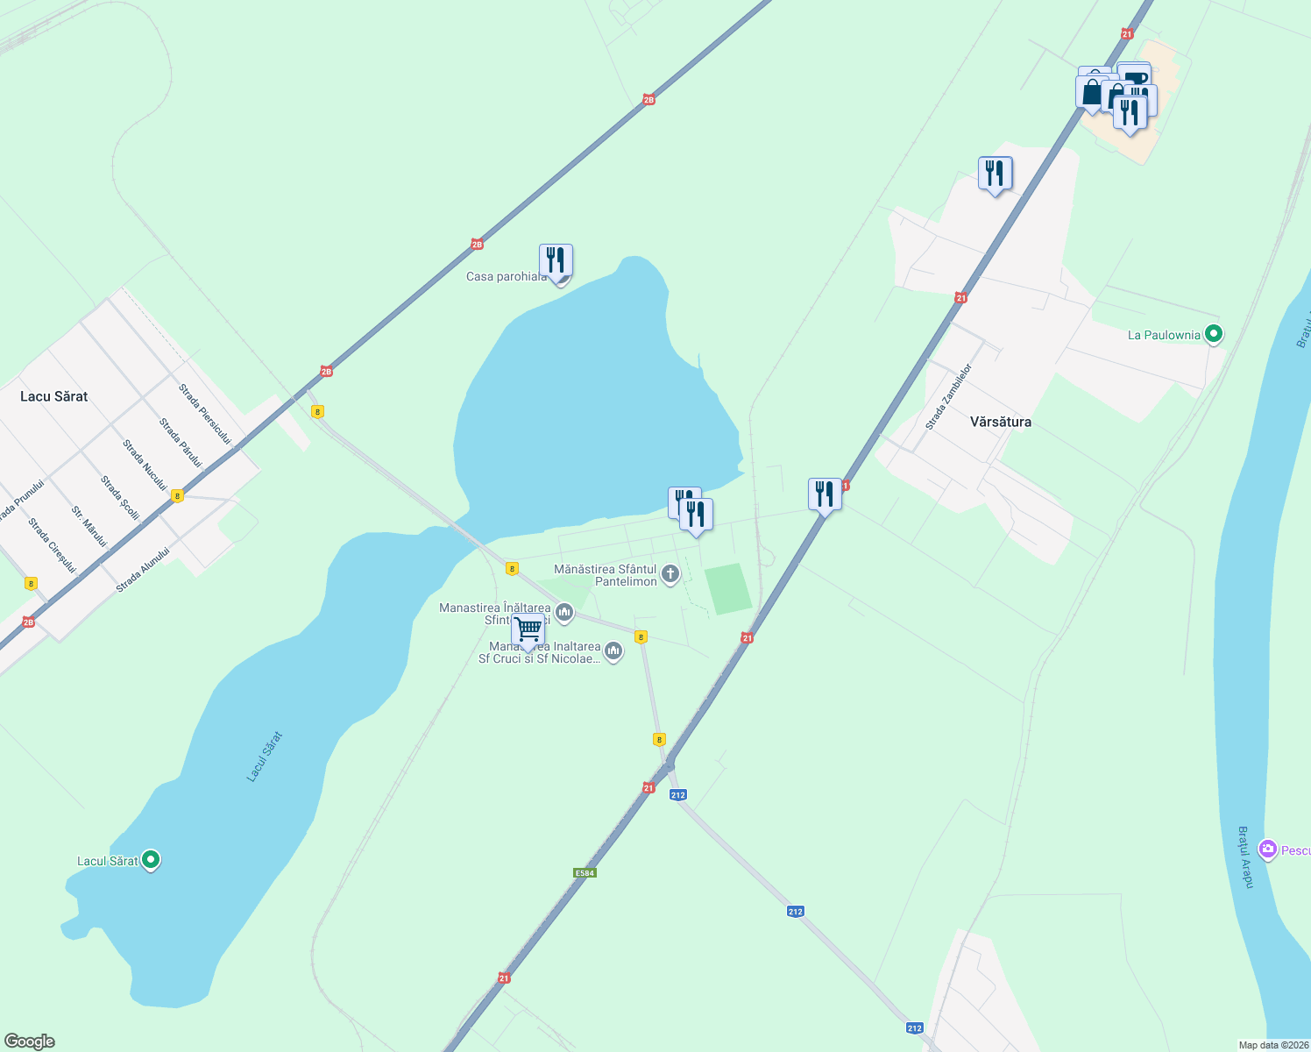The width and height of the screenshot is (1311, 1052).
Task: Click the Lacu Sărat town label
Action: pyautogui.click(x=54, y=396)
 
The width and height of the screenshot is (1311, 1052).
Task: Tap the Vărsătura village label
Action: pyautogui.click(x=1000, y=422)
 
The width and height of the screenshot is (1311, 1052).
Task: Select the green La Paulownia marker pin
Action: pyautogui.click(x=1214, y=334)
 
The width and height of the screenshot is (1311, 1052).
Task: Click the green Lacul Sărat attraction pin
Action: pyautogui.click(x=151, y=860)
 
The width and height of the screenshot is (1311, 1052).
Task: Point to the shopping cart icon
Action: pyautogui.click(x=528, y=629)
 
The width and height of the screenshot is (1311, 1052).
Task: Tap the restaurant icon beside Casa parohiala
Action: pyautogui.click(x=556, y=260)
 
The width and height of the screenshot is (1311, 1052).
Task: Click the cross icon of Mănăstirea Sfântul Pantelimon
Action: pyautogui.click(x=670, y=575)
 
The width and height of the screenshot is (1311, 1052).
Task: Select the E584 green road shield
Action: pyautogui.click(x=585, y=872)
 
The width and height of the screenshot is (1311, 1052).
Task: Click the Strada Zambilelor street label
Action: pyautogui.click(x=949, y=396)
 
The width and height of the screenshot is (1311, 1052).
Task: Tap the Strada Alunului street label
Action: pyautogui.click(x=142, y=570)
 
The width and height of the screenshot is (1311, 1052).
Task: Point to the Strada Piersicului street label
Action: pyautogui.click(x=204, y=414)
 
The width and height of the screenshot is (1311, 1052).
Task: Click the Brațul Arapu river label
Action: pyautogui.click(x=1245, y=857)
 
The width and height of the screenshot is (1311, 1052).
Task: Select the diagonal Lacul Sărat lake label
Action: pyautogui.click(x=265, y=757)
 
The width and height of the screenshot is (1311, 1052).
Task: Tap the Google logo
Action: pyautogui.click(x=30, y=1041)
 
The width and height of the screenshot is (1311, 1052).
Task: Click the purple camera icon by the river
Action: pyautogui.click(x=1267, y=849)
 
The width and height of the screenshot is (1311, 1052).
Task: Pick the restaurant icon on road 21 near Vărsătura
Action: pyautogui.click(x=824, y=494)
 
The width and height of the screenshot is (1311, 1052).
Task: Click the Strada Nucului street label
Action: pyautogui.click(x=145, y=465)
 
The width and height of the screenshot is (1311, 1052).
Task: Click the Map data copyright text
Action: pyautogui.click(x=1273, y=1045)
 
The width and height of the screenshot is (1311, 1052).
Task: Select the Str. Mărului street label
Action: pyautogui.click(x=89, y=526)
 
